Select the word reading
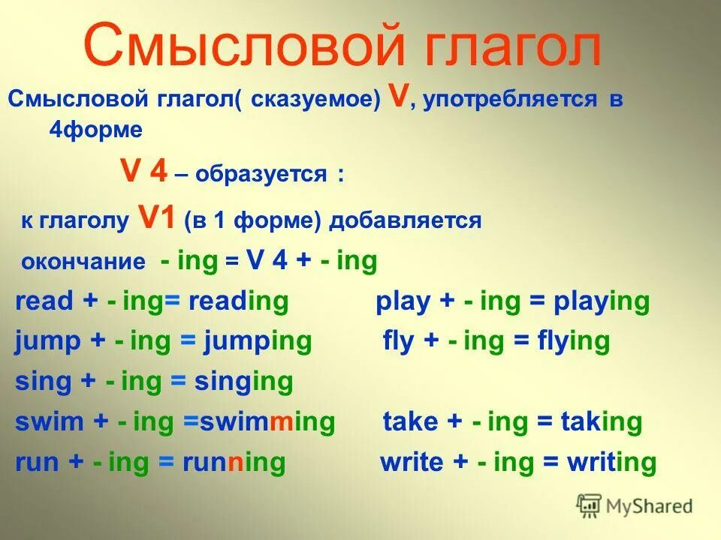(238, 301)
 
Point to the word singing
(243, 382)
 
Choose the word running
(234, 462)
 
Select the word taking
(601, 421)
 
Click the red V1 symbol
(158, 218)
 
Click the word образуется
(261, 175)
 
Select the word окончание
(83, 262)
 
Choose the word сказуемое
(326, 100)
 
